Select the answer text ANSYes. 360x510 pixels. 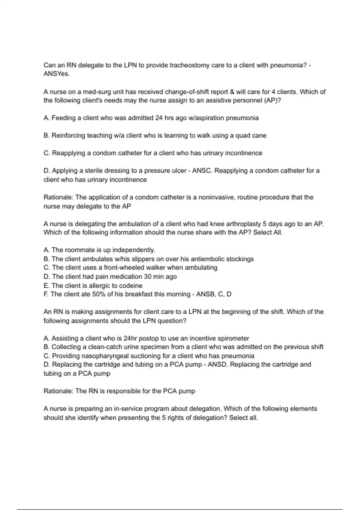click(x=57, y=74)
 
